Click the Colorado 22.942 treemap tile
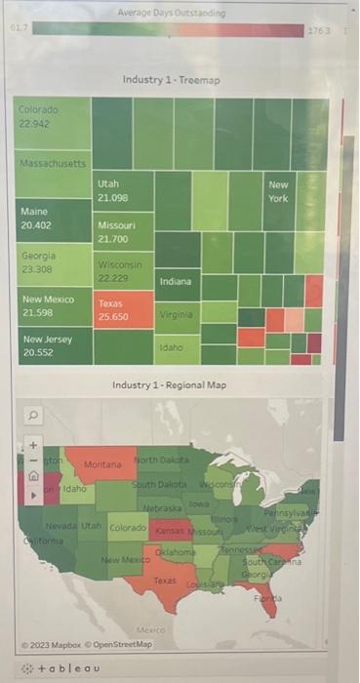coord(54,124)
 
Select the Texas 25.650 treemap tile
coord(124,310)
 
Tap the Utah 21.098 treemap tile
coord(124,191)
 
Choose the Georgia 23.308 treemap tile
coord(54,261)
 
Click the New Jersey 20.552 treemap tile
coord(54,344)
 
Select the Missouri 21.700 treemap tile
coord(124,232)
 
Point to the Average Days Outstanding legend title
coord(171,14)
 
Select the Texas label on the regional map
coord(166,581)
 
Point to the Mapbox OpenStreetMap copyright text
coord(89,644)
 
